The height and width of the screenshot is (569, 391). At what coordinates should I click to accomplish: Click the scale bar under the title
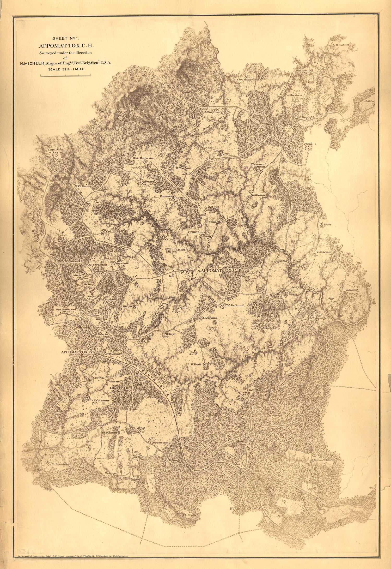tap(66, 75)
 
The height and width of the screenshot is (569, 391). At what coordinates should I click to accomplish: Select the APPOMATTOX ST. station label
tap(77, 352)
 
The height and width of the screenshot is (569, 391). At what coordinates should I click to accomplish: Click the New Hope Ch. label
tap(276, 124)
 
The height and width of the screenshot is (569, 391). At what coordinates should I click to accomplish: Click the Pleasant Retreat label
tap(258, 165)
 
